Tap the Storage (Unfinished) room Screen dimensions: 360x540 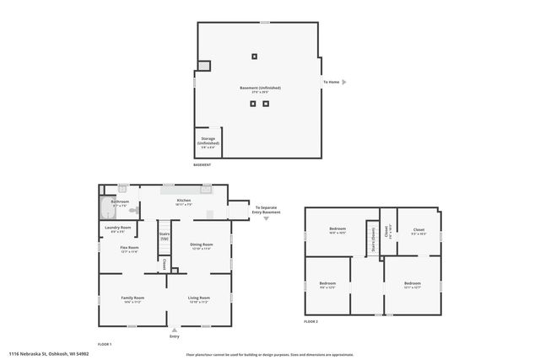[208, 142]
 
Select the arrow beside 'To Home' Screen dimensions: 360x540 [344, 82]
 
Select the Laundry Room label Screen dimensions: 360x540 [118, 228]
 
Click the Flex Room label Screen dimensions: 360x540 [129, 248]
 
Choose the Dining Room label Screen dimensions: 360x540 [202, 245]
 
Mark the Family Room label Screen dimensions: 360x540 [132, 298]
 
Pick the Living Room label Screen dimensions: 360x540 [198, 298]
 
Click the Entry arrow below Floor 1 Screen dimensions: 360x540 [174, 330]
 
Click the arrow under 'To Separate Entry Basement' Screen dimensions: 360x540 [267, 218]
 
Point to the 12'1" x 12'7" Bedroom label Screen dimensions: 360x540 [412, 284]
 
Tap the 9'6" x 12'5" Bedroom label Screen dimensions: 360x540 [327, 284]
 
